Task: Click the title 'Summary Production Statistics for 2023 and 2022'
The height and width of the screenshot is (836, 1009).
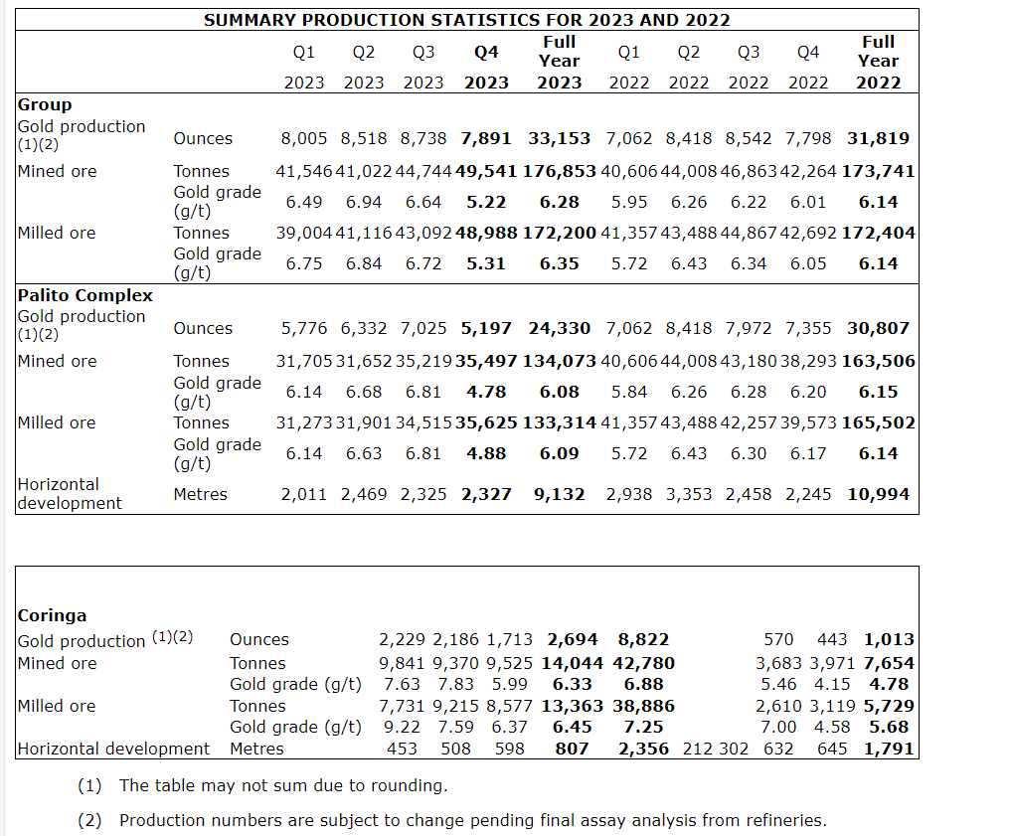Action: [467, 20]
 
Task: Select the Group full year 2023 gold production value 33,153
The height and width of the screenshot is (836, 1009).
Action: [560, 138]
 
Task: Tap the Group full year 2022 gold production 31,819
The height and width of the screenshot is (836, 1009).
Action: [878, 138]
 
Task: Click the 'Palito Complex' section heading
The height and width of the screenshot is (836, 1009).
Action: [85, 295]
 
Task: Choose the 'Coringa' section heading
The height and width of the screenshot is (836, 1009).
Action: [53, 615]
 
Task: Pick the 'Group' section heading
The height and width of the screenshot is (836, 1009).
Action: [45, 104]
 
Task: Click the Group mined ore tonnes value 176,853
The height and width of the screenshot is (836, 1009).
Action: [560, 171]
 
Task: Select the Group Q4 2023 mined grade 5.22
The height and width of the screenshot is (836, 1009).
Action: [486, 202]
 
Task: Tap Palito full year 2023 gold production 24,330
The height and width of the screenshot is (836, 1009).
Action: [560, 328]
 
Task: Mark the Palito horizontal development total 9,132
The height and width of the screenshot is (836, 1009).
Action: [560, 494]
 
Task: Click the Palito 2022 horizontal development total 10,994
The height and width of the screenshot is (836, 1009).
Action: [878, 494]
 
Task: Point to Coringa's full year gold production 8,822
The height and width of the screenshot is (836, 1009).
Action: [643, 639]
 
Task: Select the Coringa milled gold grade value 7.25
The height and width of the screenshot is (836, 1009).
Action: [643, 727]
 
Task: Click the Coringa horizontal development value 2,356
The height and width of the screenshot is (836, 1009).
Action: [643, 749]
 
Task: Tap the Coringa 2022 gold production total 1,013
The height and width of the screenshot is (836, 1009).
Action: [889, 639]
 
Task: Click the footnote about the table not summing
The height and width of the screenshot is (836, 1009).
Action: [283, 785]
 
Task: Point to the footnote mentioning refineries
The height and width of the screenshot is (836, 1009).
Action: [472, 820]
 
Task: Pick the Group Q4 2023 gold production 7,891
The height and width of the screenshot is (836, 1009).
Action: [486, 138]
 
